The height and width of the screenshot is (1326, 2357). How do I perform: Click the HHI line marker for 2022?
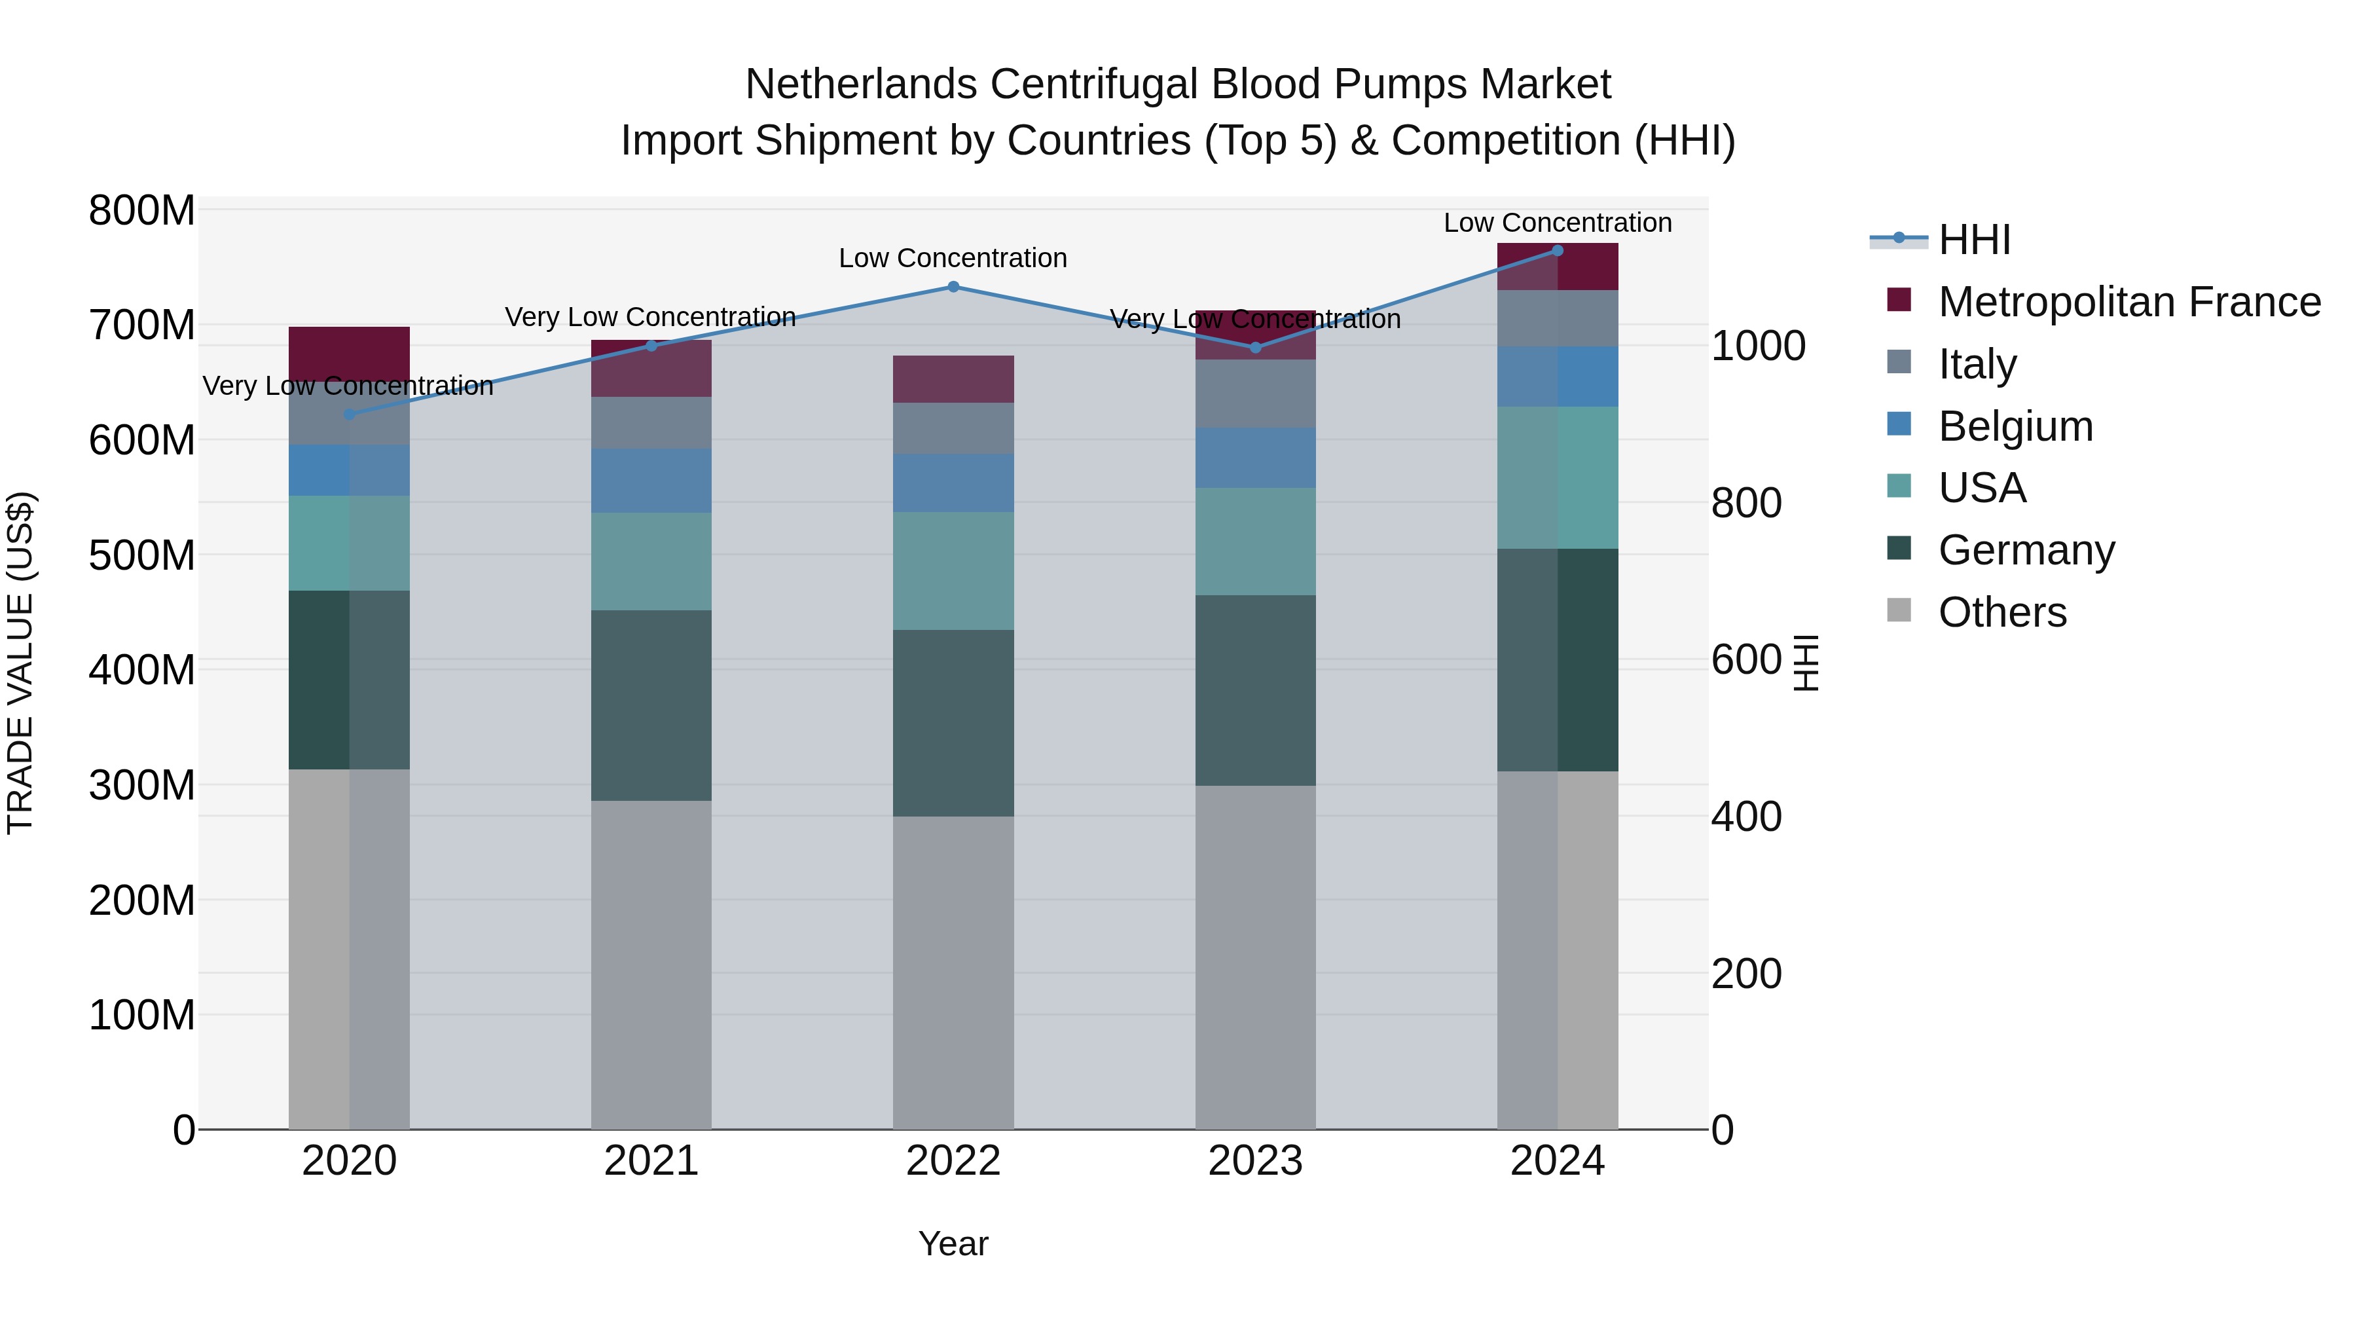coord(953,286)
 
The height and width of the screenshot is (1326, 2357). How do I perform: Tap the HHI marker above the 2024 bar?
coord(1558,250)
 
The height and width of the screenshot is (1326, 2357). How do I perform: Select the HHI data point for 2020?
coord(348,414)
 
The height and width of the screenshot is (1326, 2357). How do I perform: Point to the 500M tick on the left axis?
coord(142,555)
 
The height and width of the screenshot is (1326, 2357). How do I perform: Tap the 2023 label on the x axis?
coord(1255,1161)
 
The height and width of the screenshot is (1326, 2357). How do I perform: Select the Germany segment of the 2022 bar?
coord(953,723)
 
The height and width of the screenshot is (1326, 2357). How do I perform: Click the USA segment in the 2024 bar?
coord(1558,478)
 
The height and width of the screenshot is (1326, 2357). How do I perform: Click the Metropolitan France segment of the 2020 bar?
coord(348,352)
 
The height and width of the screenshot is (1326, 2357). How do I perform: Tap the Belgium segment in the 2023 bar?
coord(1255,458)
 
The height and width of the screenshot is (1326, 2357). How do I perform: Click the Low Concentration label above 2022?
coord(953,259)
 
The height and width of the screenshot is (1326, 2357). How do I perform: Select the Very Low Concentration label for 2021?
coord(651,318)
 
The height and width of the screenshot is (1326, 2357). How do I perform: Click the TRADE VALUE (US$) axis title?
coord(20,663)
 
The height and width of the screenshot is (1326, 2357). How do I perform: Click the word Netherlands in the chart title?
coord(861,84)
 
